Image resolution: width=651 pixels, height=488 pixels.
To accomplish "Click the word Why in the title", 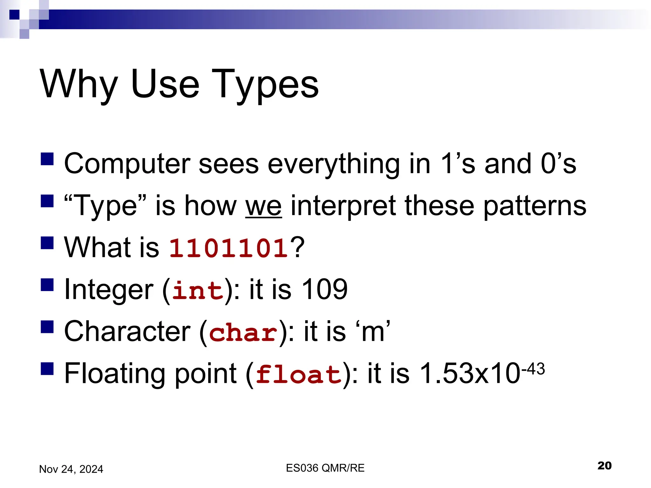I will point(79,84).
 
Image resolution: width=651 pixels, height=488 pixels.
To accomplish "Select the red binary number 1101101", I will point(229,248).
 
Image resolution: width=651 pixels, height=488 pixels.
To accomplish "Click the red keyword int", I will point(198,290).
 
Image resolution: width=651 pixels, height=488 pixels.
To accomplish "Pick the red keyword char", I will point(243,332).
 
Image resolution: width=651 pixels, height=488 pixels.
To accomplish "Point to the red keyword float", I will point(299,374).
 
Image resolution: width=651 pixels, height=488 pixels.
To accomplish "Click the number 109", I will point(324,289).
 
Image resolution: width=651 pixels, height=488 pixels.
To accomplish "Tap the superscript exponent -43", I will point(533,369).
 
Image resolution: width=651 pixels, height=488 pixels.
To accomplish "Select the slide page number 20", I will point(604,465).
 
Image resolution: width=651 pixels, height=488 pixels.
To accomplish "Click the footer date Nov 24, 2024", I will point(71,469).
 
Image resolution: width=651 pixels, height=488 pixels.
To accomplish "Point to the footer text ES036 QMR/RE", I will point(325,468).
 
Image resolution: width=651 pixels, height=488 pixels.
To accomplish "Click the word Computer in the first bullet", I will point(127,164).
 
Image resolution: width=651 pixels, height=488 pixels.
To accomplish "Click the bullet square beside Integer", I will point(47,285).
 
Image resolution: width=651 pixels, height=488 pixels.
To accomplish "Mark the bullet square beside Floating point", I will point(47,369).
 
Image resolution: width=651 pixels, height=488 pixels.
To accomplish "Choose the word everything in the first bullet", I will point(333,164).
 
